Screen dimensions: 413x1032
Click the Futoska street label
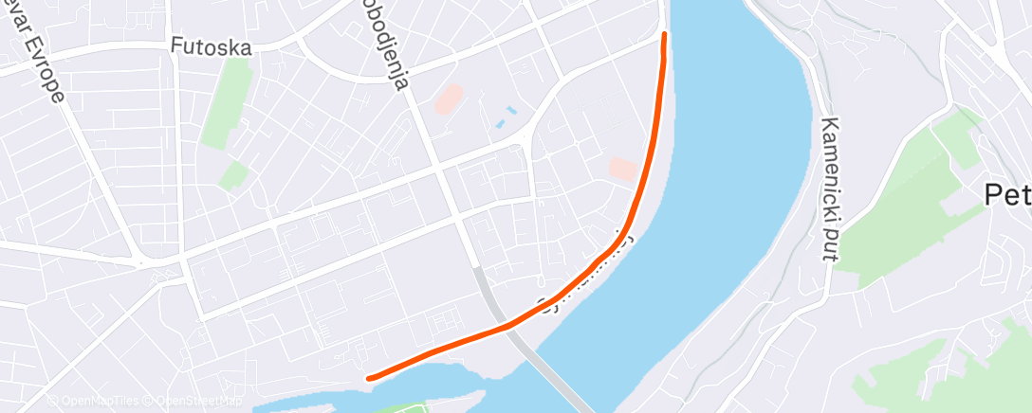[211, 45]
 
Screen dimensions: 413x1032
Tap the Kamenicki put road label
[831, 189]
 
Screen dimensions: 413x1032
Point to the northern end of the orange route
[664, 35]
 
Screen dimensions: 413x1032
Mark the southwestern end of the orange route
[370, 377]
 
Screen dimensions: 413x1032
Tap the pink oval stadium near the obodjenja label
[450, 99]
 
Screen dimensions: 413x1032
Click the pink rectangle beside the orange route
[623, 169]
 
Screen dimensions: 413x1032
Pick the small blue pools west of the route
[506, 117]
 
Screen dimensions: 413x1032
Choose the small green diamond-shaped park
[233, 175]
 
